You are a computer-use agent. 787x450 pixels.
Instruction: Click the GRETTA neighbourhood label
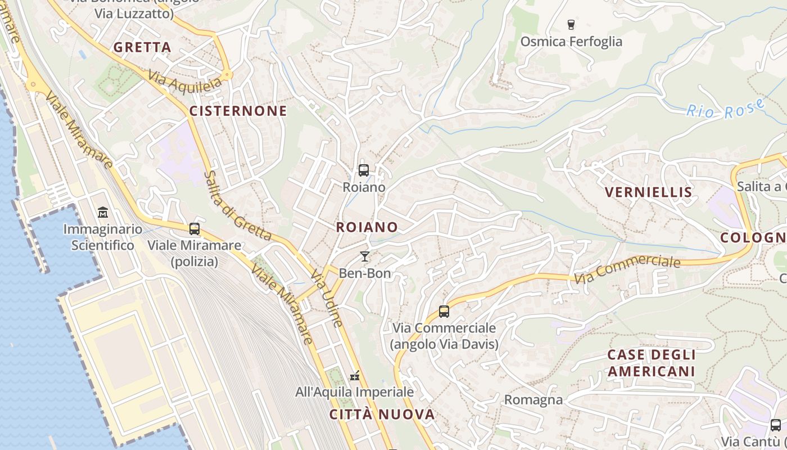pyautogui.click(x=142, y=47)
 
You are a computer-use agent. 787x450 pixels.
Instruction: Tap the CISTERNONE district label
pyautogui.click(x=238, y=111)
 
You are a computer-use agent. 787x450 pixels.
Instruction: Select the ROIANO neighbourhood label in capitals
pyautogui.click(x=367, y=227)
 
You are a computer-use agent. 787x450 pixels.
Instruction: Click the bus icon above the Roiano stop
pyautogui.click(x=364, y=170)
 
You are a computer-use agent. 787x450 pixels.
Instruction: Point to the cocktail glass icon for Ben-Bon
pyautogui.click(x=365, y=256)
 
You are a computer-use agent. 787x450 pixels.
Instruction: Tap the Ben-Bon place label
pyautogui.click(x=365, y=273)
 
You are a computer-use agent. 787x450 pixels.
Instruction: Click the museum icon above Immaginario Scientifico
pyautogui.click(x=103, y=213)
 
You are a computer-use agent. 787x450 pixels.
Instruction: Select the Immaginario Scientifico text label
pyautogui.click(x=103, y=237)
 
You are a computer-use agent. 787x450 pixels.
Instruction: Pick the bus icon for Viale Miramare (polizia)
pyautogui.click(x=195, y=229)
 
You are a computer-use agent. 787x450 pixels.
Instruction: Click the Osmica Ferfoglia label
pyautogui.click(x=571, y=42)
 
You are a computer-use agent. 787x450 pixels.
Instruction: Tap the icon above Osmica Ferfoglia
pyautogui.click(x=571, y=24)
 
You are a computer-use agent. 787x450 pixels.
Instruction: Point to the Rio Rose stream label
pyautogui.click(x=726, y=109)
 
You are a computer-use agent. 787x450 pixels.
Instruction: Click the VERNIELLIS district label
pyautogui.click(x=648, y=192)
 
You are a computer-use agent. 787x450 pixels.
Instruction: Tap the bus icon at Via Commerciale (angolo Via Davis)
pyautogui.click(x=444, y=311)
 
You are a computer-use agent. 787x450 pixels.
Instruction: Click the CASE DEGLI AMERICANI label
pyautogui.click(x=652, y=363)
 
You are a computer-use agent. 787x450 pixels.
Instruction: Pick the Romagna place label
pyautogui.click(x=533, y=400)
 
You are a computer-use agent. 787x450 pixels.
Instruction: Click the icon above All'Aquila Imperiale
pyautogui.click(x=355, y=375)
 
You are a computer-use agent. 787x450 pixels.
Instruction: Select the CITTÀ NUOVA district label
pyautogui.click(x=382, y=415)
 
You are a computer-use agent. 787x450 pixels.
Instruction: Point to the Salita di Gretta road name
pyautogui.click(x=237, y=206)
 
